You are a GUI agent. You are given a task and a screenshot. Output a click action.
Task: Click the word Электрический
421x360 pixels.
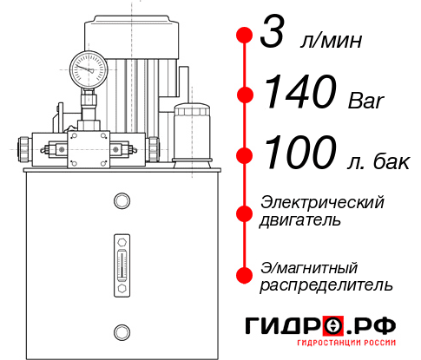pos(322,201)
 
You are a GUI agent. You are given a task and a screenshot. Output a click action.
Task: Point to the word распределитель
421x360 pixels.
pos(326,285)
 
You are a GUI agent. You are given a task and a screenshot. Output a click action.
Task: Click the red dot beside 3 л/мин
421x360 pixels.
pos(245,36)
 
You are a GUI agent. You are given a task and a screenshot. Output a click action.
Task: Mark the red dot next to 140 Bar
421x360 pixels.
pos(245,94)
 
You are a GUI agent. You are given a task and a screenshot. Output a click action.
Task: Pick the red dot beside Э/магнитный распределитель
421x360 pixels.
pos(245,275)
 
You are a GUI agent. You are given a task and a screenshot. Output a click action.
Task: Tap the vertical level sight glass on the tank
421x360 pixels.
pos(121,261)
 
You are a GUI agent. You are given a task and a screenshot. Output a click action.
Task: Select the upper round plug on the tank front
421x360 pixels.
pos(121,201)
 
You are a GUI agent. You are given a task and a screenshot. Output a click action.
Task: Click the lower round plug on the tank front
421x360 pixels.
pos(121,331)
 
